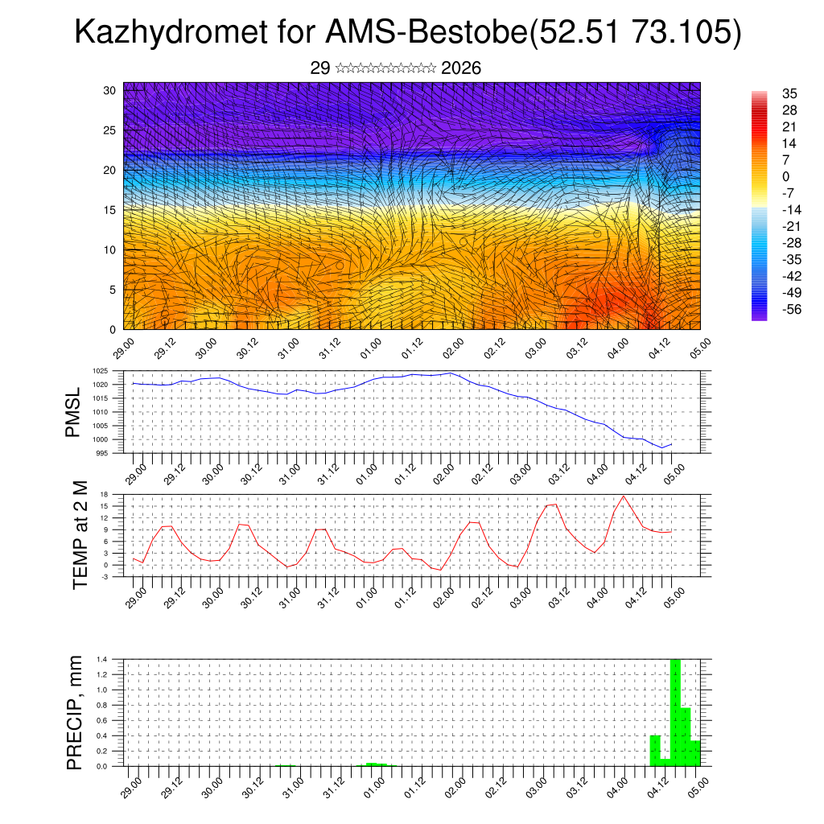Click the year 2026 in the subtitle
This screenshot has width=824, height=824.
tap(461, 68)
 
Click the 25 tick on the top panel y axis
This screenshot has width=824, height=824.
tap(110, 130)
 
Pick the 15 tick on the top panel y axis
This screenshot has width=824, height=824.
tap(110, 210)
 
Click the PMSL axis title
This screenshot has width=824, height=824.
tap(74, 412)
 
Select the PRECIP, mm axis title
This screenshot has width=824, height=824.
tap(75, 711)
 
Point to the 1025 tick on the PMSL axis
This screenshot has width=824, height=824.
tap(100, 371)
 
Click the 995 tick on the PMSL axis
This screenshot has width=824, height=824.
tap(102, 453)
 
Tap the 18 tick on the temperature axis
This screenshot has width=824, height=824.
tap(104, 494)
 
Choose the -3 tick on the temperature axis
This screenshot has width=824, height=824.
tap(105, 576)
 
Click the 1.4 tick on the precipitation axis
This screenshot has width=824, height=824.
tap(102, 659)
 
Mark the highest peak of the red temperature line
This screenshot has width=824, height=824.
tap(624, 496)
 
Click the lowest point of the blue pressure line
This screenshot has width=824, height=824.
tap(661, 447)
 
